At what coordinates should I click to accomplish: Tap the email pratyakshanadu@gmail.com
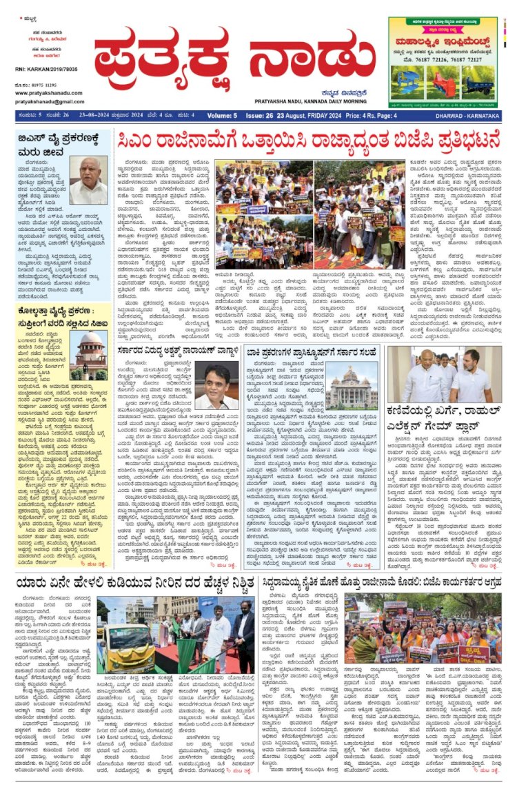(x=44, y=101)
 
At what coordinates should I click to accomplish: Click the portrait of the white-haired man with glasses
(x=88, y=181)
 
